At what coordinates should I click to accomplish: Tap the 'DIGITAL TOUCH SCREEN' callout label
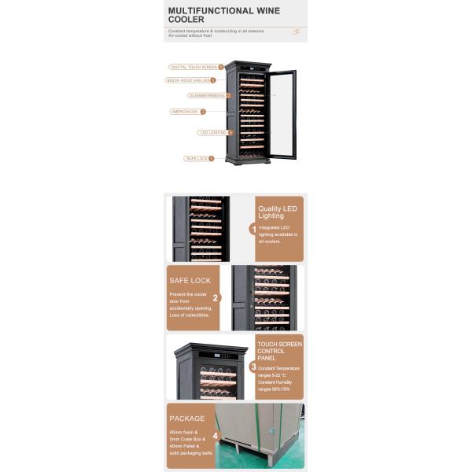194,67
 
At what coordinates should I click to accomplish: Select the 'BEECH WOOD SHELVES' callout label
187,80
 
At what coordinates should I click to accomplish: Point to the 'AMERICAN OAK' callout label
185,112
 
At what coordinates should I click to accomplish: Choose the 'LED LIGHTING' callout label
212,133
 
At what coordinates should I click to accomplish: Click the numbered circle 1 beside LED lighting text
253,229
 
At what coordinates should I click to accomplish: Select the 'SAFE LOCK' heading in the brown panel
190,280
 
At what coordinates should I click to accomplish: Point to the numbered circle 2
216,298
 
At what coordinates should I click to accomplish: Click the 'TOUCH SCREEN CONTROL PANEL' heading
279,351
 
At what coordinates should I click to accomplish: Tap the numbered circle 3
253,367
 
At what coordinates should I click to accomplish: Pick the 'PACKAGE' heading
186,419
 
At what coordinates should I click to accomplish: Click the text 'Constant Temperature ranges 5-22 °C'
278,371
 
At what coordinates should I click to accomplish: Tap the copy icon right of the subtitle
297,32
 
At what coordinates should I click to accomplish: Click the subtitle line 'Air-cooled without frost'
190,35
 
